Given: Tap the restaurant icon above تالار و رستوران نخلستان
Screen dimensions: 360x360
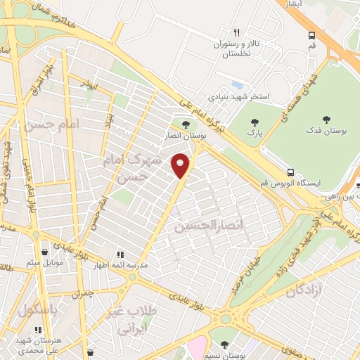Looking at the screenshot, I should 236,32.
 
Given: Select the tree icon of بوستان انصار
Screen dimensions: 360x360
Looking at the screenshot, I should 186,125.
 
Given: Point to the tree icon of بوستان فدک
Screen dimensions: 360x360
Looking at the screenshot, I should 326,120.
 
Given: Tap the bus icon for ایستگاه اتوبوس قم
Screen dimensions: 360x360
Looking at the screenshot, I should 290,172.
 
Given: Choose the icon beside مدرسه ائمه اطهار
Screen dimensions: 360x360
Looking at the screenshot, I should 120,254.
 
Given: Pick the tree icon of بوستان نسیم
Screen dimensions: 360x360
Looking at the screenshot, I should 224,345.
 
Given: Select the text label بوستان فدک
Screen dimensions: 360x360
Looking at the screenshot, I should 326,131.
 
